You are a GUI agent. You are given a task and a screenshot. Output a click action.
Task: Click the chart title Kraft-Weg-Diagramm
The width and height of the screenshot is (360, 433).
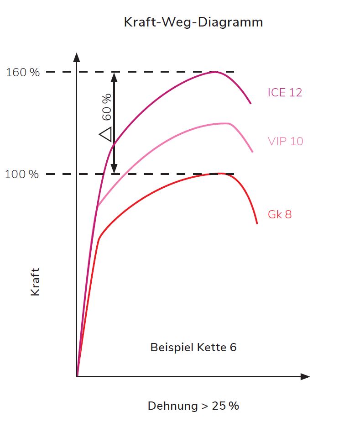click(x=193, y=22)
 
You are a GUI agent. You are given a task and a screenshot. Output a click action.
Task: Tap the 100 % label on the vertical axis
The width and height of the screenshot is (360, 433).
click(x=22, y=174)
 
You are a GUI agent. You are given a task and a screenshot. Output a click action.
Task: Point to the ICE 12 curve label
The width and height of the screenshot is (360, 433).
click(x=285, y=92)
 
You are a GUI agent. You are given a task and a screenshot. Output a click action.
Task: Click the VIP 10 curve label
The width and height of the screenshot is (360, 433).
click(x=285, y=141)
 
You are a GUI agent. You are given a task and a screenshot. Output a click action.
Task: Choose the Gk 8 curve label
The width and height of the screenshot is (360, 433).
click(x=280, y=214)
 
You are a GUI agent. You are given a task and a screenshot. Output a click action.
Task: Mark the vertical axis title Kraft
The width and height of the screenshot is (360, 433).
click(x=36, y=282)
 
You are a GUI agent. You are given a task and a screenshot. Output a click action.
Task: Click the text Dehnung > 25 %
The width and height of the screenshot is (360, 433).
click(x=193, y=406)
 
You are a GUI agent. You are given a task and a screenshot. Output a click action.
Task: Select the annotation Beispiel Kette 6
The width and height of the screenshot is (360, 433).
click(x=193, y=347)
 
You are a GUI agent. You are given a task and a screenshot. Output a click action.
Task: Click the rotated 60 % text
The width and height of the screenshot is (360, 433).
click(x=106, y=107)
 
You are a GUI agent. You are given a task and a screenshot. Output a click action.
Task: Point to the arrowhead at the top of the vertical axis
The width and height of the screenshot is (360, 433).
click(x=77, y=58)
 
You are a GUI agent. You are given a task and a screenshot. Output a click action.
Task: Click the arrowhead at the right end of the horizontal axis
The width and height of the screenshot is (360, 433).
click(x=305, y=377)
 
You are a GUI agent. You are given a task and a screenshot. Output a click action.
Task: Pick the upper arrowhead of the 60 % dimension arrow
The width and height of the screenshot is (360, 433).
click(x=114, y=77)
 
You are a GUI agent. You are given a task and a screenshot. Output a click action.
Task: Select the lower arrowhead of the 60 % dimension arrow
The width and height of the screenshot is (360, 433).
click(x=114, y=169)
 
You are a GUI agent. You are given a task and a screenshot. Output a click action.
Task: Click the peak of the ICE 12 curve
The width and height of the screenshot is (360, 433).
click(x=214, y=72)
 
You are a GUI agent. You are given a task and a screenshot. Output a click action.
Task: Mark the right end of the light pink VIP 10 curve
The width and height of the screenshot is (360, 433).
click(x=252, y=152)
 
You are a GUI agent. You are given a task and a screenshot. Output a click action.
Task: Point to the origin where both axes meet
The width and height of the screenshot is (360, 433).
click(x=77, y=377)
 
